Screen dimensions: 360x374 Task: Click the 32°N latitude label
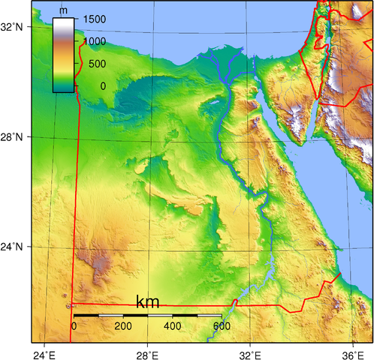(14, 27)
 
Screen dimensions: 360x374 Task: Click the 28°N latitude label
(14, 137)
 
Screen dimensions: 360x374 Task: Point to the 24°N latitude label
(14, 247)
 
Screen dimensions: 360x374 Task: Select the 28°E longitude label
(147, 353)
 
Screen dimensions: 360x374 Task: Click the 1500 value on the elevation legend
(95, 18)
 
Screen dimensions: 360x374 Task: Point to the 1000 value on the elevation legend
(95, 41)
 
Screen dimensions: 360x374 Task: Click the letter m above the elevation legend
(63, 10)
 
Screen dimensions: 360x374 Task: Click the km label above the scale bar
(147, 302)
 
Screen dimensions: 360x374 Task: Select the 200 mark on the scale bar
(122, 326)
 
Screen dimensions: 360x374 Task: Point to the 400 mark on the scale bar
(172, 326)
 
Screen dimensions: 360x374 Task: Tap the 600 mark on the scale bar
(221, 326)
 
